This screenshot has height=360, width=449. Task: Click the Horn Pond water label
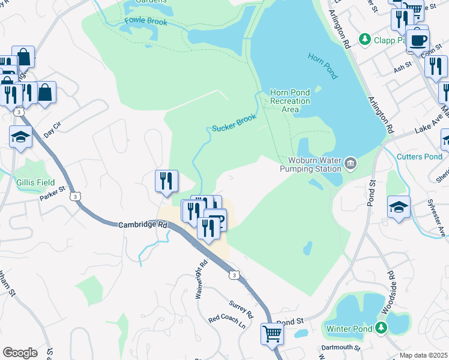tap(323, 66)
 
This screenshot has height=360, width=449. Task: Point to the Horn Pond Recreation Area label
tap(290, 101)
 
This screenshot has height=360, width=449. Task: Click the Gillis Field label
tap(35, 182)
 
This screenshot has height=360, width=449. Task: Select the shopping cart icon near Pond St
tap(273, 333)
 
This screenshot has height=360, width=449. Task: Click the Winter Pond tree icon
tap(380, 328)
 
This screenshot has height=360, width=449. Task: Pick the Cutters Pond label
tap(420, 157)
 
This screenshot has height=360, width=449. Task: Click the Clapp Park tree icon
tap(364, 39)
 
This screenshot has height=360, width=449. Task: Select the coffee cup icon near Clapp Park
tap(418, 40)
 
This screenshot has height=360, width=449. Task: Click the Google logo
tap(20, 353)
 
